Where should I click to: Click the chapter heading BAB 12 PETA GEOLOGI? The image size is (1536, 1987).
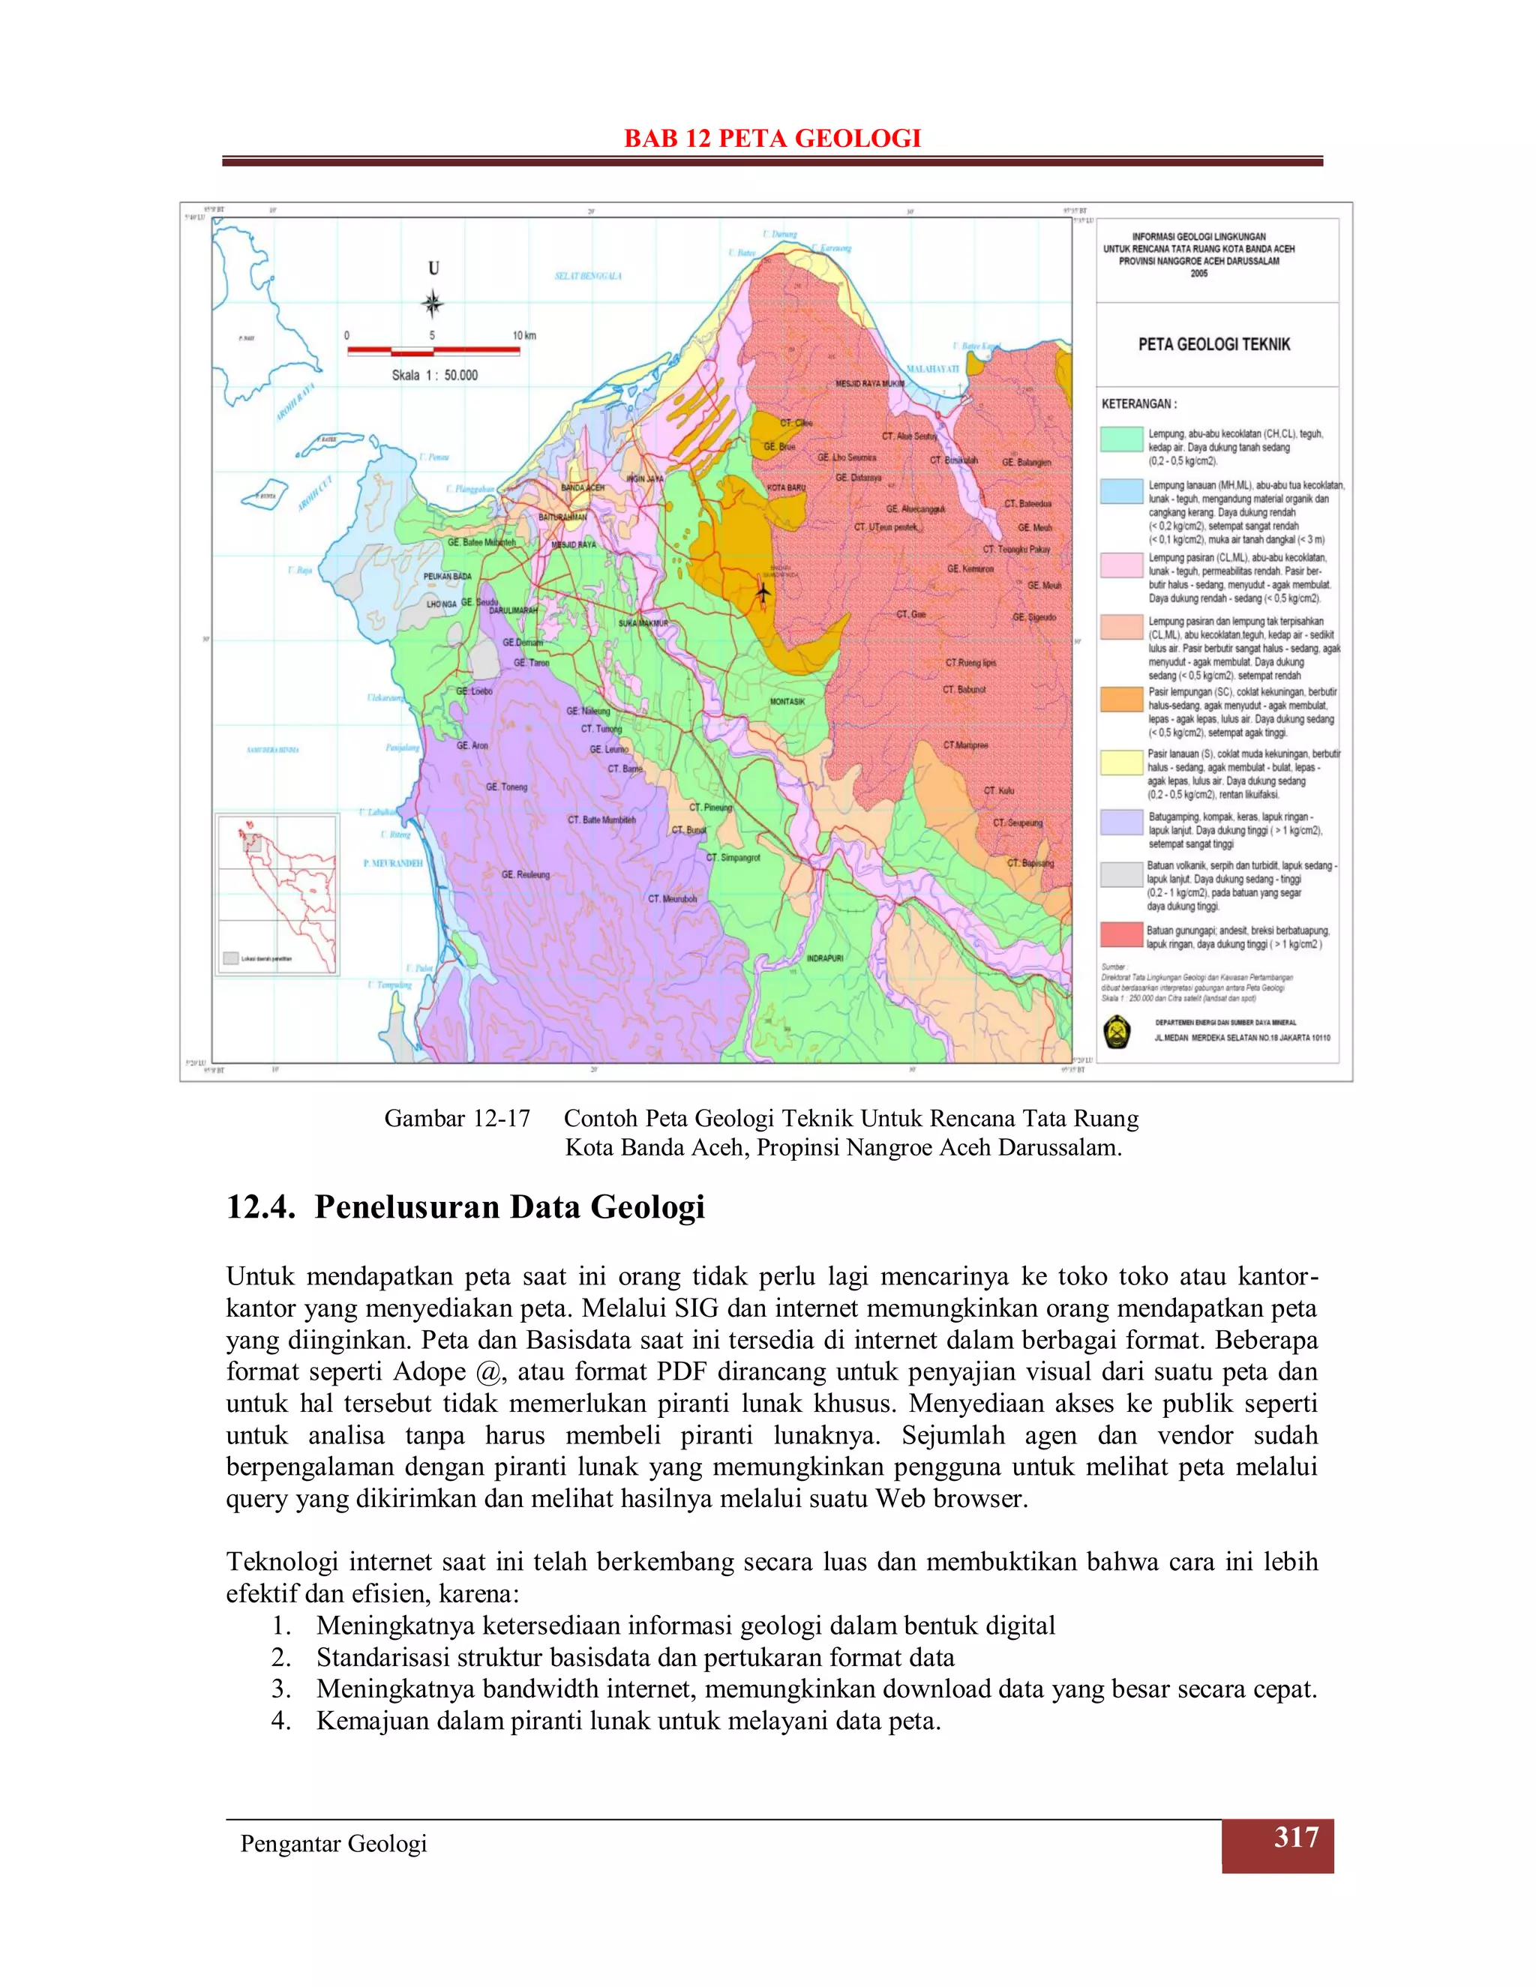pyautogui.click(x=772, y=138)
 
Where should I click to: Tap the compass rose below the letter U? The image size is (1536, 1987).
pyautogui.click(x=433, y=304)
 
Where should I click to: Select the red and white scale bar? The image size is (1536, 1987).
pyautogui.click(x=433, y=350)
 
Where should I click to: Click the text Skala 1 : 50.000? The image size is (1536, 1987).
pyautogui.click(x=434, y=375)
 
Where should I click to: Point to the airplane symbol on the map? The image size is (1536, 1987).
pyautogui.click(x=763, y=592)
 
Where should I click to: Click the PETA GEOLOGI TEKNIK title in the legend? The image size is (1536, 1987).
pyautogui.click(x=1214, y=344)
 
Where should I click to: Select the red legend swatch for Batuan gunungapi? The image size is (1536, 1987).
pyautogui.click(x=1121, y=934)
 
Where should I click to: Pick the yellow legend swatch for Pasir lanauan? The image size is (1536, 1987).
pyautogui.click(x=1121, y=763)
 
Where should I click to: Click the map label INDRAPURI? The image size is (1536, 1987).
pyautogui.click(x=824, y=958)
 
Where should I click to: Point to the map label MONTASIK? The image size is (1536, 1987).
pyautogui.click(x=787, y=702)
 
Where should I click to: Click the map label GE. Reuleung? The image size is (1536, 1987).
pyautogui.click(x=526, y=874)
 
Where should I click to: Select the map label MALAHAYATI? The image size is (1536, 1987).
pyautogui.click(x=933, y=368)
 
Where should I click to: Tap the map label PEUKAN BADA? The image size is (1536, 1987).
pyautogui.click(x=448, y=577)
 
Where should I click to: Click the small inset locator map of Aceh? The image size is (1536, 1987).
pyautogui.click(x=277, y=895)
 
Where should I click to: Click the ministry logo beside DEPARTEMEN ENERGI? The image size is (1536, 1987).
pyautogui.click(x=1117, y=1032)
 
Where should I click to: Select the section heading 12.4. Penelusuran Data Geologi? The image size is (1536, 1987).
pyautogui.click(x=465, y=1207)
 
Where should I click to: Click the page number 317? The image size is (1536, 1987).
pyautogui.click(x=1296, y=1837)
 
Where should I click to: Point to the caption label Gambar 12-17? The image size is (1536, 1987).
pyautogui.click(x=457, y=1118)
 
